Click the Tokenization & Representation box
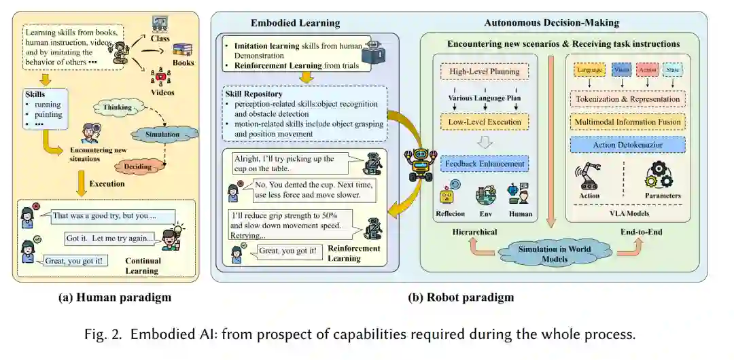point(626,99)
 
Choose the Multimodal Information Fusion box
point(626,122)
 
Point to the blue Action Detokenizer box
point(626,145)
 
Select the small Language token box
point(589,70)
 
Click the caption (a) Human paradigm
point(107,297)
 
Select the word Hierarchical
point(474,232)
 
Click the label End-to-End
point(641,232)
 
